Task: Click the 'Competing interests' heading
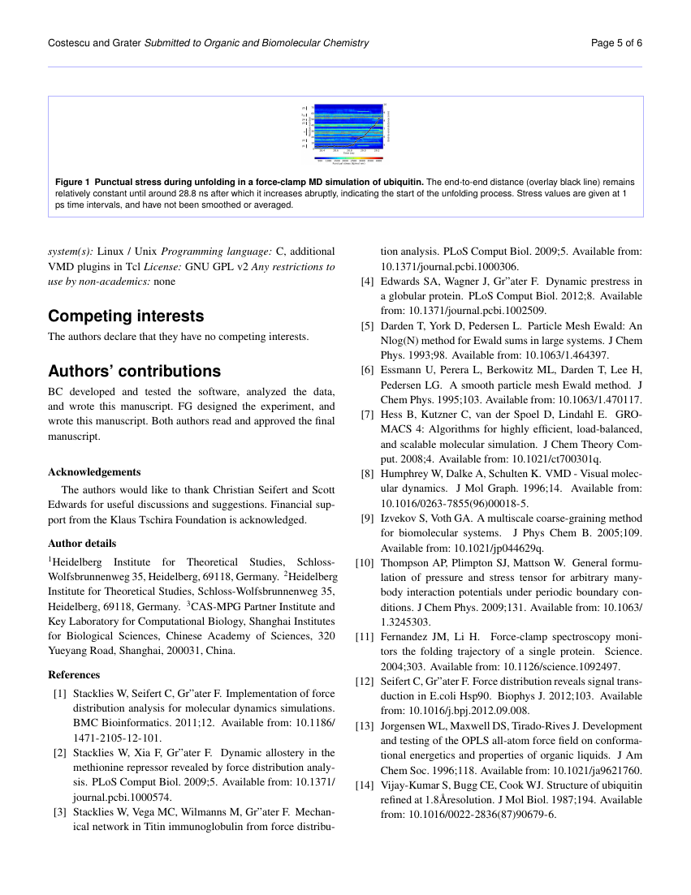point(126,316)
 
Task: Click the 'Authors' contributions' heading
point(134,371)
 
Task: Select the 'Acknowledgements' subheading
point(94,471)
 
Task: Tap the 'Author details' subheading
point(82,543)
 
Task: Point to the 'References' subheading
point(74,674)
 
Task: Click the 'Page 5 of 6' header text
point(617,43)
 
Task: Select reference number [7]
point(367,415)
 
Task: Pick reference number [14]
point(365,785)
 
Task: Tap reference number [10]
point(365,562)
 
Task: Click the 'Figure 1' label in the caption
point(76,182)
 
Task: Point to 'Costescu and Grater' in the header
point(94,43)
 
